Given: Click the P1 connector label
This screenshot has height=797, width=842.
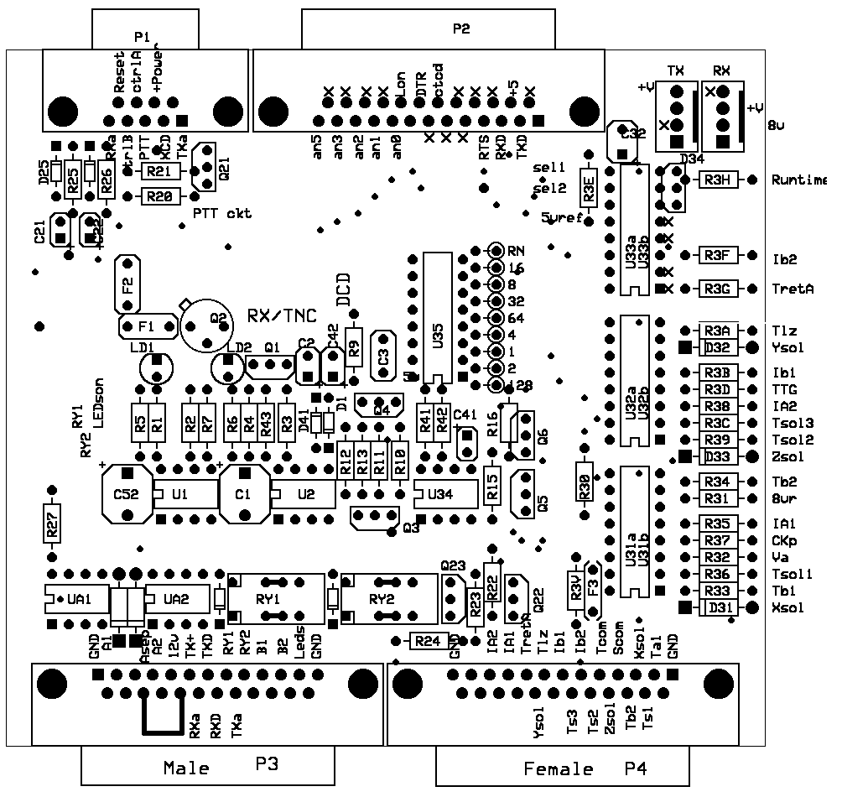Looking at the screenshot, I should pyautogui.click(x=141, y=36).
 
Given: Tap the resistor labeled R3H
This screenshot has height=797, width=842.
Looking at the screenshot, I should pyautogui.click(x=717, y=180).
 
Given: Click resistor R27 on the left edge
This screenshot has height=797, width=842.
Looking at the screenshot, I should pyautogui.click(x=52, y=526).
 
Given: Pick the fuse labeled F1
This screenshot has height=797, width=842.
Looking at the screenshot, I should pyautogui.click(x=146, y=325).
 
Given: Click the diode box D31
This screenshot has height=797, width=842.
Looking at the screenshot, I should pyautogui.click(x=720, y=607).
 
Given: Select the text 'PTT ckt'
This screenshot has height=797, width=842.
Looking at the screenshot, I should pyautogui.click(x=221, y=213).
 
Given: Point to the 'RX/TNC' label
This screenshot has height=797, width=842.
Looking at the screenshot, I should pyautogui.click(x=283, y=315).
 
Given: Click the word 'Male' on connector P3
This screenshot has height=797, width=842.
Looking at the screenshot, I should pyautogui.click(x=186, y=767).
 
